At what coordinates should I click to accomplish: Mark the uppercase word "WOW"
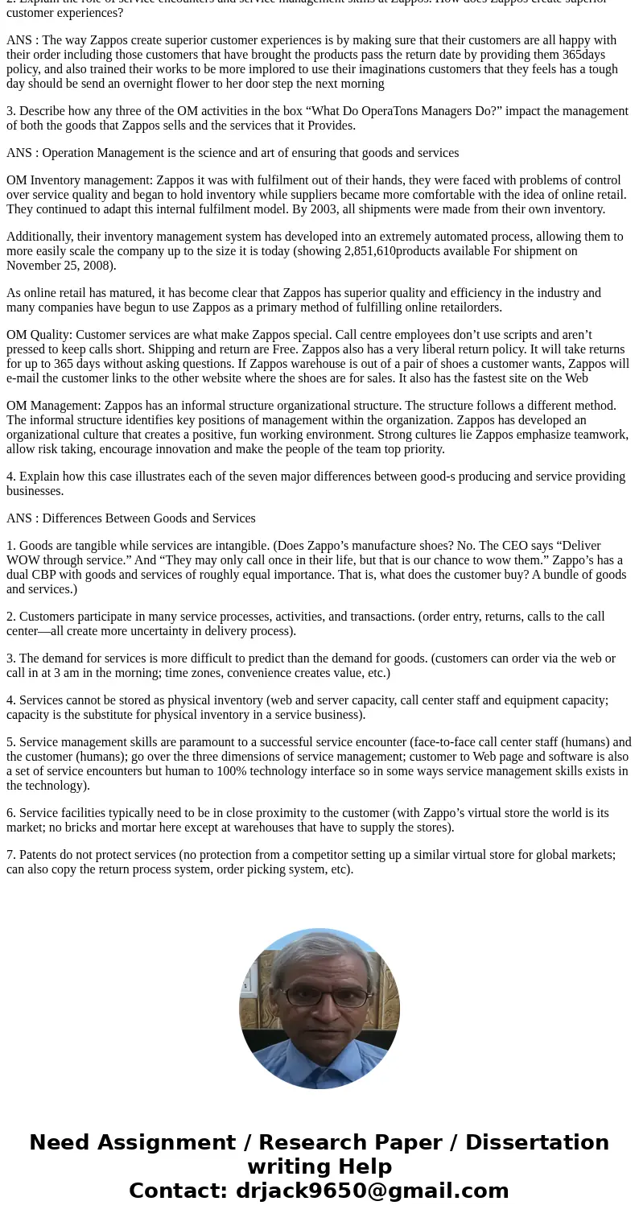tap(24, 560)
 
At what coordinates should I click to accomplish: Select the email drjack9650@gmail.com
tap(372, 1191)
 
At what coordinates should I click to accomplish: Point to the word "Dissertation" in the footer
tap(537, 1142)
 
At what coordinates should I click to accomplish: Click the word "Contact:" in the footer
tap(179, 1191)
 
